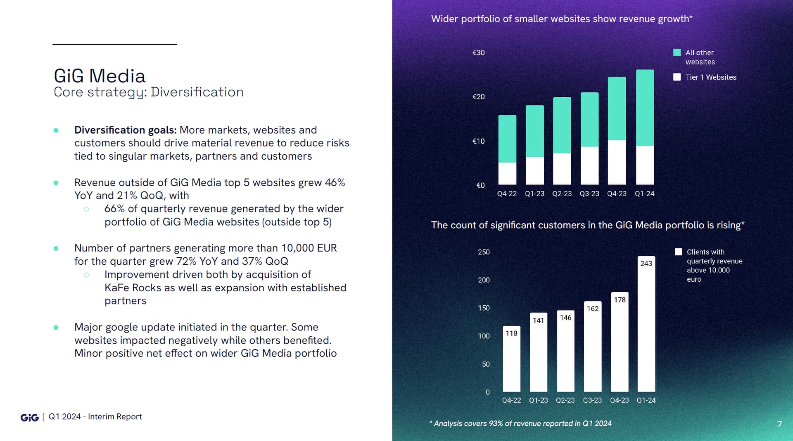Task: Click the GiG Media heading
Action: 100,76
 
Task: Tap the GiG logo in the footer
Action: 30,417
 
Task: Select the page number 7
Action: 779,424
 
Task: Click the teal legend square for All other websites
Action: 677,53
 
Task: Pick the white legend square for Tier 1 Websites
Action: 677,77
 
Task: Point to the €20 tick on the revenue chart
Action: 478,97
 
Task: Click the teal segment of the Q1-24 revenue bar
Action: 645,108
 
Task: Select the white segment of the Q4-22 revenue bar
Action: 507,173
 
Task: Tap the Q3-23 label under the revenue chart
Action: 589,194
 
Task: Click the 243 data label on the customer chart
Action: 646,264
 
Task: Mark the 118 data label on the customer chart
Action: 511,333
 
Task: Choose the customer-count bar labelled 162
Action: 593,352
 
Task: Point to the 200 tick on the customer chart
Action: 484,280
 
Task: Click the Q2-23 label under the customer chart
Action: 565,400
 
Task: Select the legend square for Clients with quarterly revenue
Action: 679,252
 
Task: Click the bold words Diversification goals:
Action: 125,130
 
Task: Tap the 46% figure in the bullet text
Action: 335,182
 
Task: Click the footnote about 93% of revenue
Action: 520,424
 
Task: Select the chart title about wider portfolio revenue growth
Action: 562,19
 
